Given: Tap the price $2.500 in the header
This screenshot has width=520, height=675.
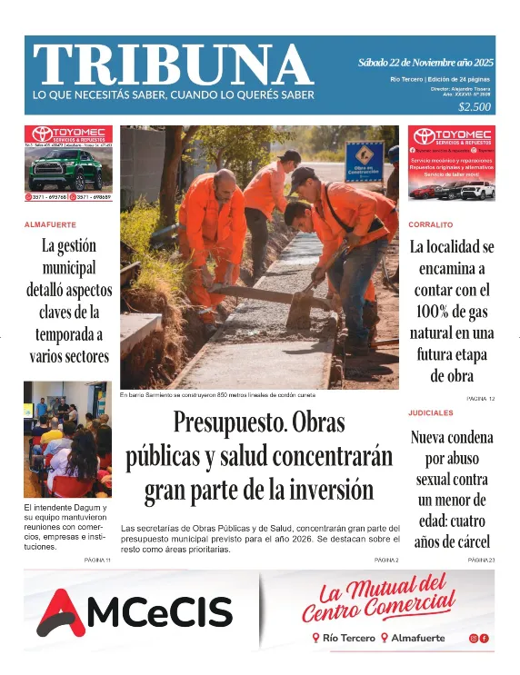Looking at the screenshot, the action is (x=475, y=106).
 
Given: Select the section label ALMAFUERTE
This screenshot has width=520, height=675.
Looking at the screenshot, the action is (x=50, y=224).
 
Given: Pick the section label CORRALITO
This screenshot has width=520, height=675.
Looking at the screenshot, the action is (x=431, y=223).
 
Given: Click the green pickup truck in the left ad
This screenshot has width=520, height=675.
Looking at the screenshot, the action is (x=65, y=171).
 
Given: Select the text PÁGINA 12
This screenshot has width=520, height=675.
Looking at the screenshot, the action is (x=479, y=399).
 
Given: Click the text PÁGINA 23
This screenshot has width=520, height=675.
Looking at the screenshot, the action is (x=479, y=561).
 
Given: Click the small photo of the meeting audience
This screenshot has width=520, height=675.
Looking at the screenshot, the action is (x=67, y=439).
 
